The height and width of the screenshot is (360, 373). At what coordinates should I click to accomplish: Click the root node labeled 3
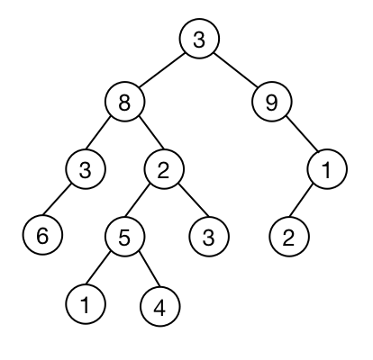click(199, 39)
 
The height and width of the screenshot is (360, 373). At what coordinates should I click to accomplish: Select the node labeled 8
click(125, 102)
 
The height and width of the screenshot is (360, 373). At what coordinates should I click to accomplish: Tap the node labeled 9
click(271, 102)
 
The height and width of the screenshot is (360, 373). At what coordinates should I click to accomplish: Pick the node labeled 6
click(42, 235)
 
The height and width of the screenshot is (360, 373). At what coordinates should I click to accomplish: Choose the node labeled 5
click(125, 237)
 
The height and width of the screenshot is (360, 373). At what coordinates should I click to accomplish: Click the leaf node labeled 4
click(160, 306)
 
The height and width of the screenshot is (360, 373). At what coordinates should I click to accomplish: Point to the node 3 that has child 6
click(86, 169)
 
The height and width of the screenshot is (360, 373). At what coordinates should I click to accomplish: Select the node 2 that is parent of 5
click(163, 169)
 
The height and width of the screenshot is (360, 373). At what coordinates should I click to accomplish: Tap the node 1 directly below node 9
click(327, 169)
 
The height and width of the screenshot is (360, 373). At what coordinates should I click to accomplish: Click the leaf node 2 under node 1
click(288, 237)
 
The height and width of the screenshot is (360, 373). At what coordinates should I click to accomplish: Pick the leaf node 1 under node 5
click(86, 304)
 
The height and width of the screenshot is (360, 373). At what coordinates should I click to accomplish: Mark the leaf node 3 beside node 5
click(209, 237)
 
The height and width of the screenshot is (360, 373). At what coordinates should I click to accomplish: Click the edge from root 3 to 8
click(162, 70)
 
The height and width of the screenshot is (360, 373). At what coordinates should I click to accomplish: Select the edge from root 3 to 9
click(235, 70)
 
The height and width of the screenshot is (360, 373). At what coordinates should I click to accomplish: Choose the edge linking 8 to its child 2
click(151, 133)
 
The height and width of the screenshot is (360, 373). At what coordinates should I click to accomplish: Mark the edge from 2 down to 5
click(138, 201)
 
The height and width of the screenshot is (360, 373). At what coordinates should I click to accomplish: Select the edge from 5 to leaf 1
click(99, 269)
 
